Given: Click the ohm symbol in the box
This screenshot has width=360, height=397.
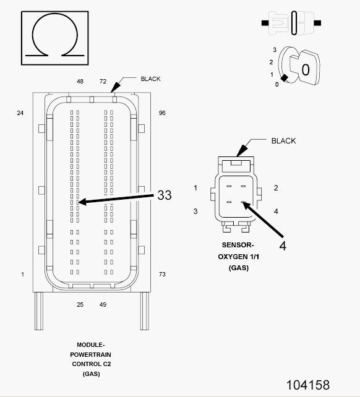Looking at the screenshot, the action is coord(54,14).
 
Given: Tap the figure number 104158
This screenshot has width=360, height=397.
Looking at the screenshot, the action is coord(308,385).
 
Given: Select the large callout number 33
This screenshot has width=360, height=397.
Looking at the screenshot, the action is coord(165,195).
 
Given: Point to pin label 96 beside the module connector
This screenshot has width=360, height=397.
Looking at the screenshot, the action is coord(162,113).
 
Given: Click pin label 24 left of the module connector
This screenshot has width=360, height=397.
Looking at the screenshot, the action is coord(20,113).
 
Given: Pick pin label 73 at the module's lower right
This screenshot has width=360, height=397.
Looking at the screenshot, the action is coord(162,274).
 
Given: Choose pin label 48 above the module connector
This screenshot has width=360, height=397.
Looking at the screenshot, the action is coord(80,81).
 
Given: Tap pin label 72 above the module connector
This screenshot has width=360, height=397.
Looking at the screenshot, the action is coord(103,81).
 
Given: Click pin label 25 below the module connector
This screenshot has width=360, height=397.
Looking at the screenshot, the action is coord(80,305).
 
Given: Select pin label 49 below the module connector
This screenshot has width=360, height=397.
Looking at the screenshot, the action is coord(103,305).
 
